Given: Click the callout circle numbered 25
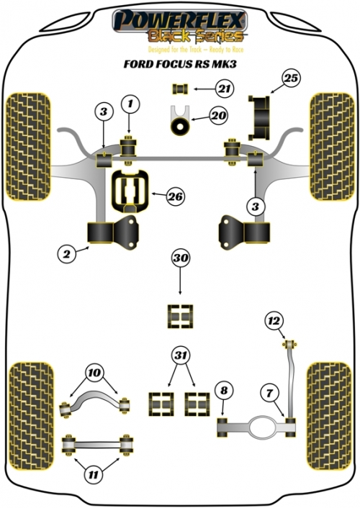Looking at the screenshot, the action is point(291,78).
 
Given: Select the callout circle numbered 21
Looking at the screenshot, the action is point(224,89).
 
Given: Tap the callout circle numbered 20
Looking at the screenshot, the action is point(218,115).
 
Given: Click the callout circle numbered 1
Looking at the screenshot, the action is point(130,104).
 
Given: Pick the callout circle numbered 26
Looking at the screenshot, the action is point(175,196).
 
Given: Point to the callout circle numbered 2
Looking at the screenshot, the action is point(66,254).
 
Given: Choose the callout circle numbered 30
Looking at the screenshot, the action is point(181,258).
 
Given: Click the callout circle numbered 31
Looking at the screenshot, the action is point(181,355).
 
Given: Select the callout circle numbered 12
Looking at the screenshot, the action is point(274,321).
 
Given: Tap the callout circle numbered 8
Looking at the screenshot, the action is point(224,391).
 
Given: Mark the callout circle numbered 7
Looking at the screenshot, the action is point(270,394).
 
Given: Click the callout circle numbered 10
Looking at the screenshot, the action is point(94,373).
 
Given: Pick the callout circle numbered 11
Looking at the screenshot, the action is point(93,475).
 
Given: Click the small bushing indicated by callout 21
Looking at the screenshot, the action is point(180,89).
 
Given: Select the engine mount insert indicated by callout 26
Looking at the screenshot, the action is point(130,191).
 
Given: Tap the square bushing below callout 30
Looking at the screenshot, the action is point(180,316).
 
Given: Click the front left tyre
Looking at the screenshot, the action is point(29,147).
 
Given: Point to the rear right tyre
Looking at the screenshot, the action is point(329,416).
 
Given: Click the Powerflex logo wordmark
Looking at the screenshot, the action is point(180,20).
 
